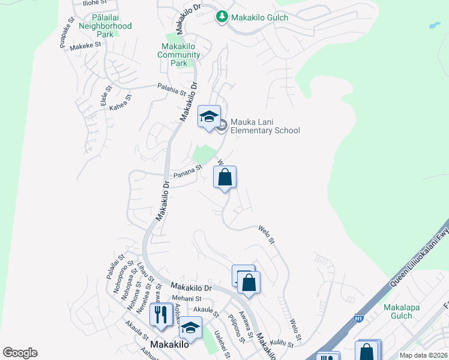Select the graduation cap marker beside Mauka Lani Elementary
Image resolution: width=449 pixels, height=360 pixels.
209,116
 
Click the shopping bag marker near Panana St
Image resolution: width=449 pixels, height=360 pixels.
224,178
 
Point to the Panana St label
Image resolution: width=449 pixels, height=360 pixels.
186,174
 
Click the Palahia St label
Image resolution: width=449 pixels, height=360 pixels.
172,89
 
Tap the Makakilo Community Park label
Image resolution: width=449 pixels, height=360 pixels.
178,55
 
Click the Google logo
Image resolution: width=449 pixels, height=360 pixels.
20,352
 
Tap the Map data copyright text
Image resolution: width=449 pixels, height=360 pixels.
423,355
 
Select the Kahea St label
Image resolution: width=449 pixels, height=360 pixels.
119,103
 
